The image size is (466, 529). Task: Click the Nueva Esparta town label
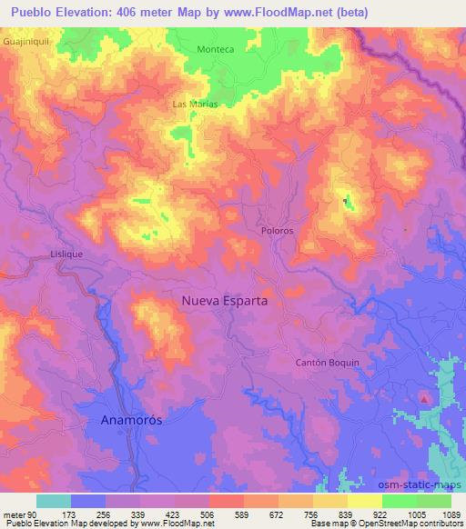point(224,299)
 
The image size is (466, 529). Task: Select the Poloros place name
point(277,231)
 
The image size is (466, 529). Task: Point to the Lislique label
point(67,255)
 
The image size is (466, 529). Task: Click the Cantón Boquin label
point(329,362)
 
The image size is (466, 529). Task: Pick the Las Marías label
point(194,105)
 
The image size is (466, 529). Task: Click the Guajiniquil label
point(25,41)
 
